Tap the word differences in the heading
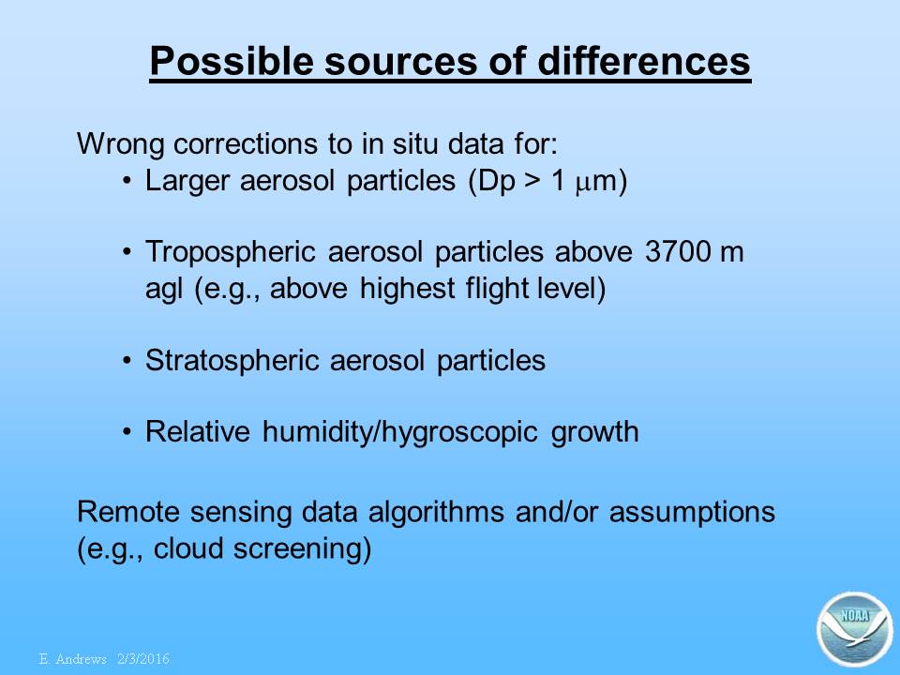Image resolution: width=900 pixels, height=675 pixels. pyautogui.click(x=644, y=60)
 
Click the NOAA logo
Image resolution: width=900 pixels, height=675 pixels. pyautogui.click(x=854, y=629)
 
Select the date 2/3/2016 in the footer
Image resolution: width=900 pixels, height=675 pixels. pyautogui.click(x=143, y=659)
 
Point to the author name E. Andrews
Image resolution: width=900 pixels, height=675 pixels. pyautogui.click(x=73, y=659)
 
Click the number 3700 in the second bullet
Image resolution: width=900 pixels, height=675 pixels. pyautogui.click(x=677, y=251)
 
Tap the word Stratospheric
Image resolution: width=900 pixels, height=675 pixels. pyautogui.click(x=232, y=361)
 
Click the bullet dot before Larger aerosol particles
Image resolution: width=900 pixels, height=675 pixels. pyautogui.click(x=127, y=181)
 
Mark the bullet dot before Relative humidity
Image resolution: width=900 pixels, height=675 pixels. pyautogui.click(x=127, y=431)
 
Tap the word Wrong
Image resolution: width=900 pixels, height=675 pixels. pyautogui.click(x=121, y=144)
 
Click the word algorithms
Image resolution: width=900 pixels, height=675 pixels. pyautogui.click(x=436, y=513)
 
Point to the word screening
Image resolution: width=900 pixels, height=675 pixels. pyautogui.click(x=303, y=549)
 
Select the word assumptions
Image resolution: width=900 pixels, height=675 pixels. pyautogui.click(x=692, y=513)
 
